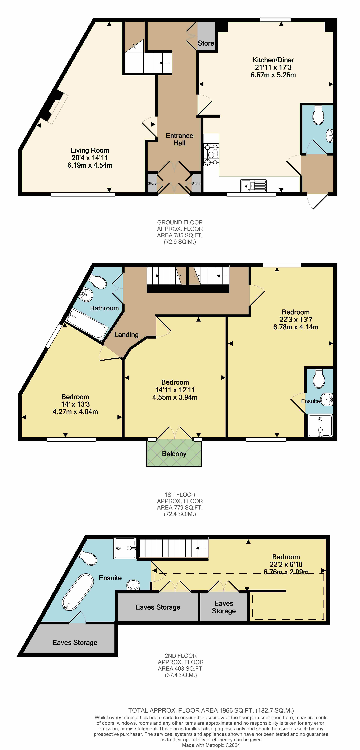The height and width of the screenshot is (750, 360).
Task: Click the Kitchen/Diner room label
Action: point(273,60)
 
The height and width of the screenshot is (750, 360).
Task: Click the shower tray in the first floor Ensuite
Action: point(320,426)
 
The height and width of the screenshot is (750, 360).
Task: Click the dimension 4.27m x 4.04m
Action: point(75,412)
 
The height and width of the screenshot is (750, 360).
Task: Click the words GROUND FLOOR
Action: point(180,222)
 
